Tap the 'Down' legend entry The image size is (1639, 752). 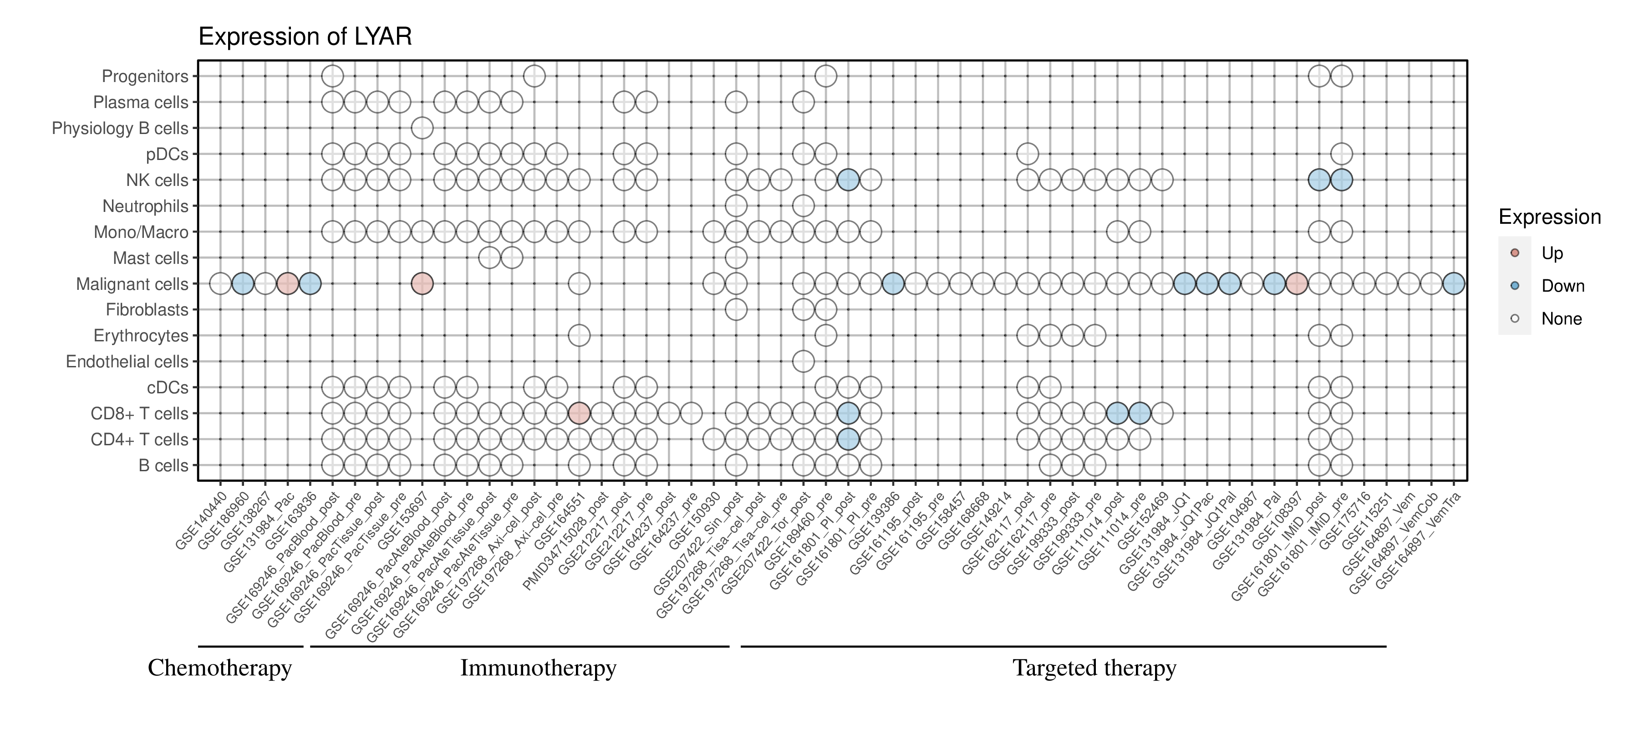click(1562, 286)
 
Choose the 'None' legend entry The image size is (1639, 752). click(1561, 319)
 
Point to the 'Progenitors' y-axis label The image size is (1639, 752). click(145, 77)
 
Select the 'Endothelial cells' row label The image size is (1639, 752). click(127, 362)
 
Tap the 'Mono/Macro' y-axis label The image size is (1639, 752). click(141, 232)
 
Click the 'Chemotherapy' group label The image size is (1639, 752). click(219, 668)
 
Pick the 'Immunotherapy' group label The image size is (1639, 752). click(538, 668)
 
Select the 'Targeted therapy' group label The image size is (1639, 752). click(1094, 668)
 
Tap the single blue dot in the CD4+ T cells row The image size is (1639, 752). click(848, 439)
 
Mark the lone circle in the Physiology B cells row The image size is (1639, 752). click(422, 128)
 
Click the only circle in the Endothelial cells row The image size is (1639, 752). click(803, 362)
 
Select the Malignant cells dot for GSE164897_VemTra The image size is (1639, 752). click(1453, 284)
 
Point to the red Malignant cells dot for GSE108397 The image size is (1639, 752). click(1297, 284)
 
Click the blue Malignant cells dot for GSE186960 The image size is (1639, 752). click(242, 284)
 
